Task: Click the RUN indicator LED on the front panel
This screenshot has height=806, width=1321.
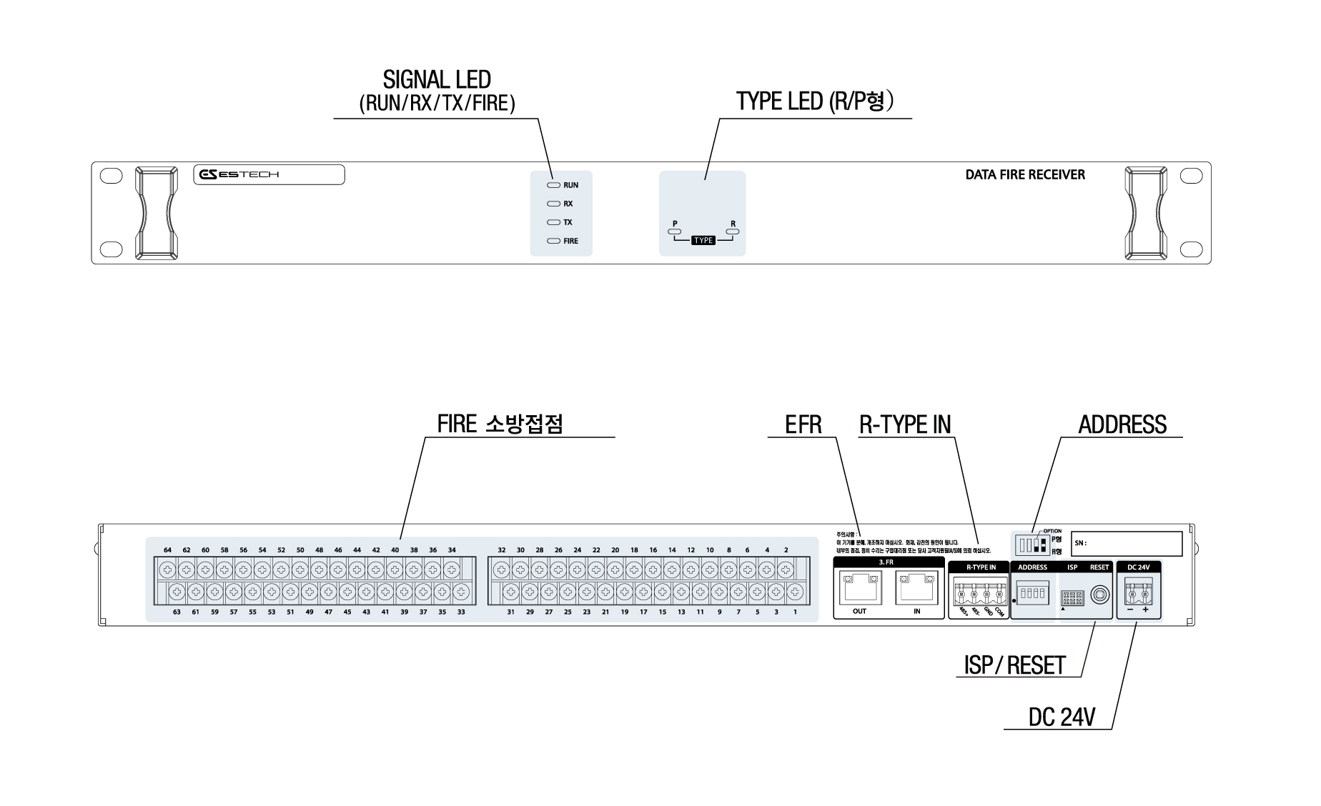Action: pyautogui.click(x=553, y=185)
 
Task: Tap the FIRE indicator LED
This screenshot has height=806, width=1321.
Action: pyautogui.click(x=553, y=241)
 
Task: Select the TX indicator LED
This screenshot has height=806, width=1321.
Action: pyautogui.click(x=553, y=222)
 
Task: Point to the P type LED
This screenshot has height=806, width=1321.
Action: pyautogui.click(x=674, y=232)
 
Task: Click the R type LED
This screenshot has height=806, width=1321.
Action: pyautogui.click(x=733, y=232)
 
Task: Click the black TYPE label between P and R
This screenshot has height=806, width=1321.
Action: pyautogui.click(x=703, y=241)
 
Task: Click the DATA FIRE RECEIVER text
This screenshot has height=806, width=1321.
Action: pyautogui.click(x=1024, y=174)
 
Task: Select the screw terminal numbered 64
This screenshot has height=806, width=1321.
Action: pyautogui.click(x=167, y=569)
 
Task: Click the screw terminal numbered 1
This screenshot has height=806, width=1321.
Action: pyautogui.click(x=795, y=592)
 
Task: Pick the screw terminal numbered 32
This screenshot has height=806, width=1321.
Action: pyautogui.click(x=502, y=569)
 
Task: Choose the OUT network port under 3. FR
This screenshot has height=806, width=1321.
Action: pyautogui.click(x=859, y=589)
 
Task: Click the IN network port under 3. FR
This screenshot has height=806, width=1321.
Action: pyautogui.click(x=916, y=589)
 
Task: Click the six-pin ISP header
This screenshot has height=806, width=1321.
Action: pyautogui.click(x=1072, y=597)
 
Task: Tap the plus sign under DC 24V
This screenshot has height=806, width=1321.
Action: pyautogui.click(x=1145, y=610)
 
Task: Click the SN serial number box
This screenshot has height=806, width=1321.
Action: pyautogui.click(x=1127, y=544)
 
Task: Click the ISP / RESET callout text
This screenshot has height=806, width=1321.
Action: pyautogui.click(x=1014, y=666)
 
